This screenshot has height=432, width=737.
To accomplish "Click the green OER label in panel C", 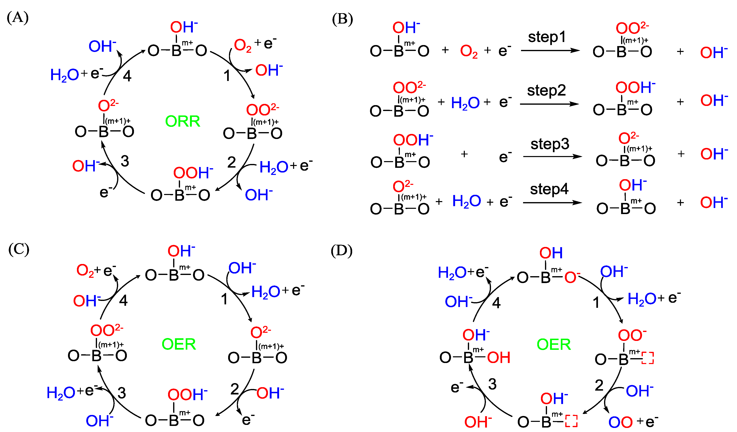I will tap(179, 344).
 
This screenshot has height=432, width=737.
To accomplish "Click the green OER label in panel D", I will tap(554, 345).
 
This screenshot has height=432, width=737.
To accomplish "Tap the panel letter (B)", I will tap(342, 19).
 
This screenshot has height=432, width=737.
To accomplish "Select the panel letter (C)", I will tap(19, 249).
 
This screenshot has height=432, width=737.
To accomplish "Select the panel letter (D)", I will tap(341, 250).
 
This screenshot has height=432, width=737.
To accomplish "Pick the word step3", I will tap(550, 144).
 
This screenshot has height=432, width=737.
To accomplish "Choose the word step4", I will tap(549, 189).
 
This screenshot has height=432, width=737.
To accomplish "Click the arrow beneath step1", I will tap(550, 51).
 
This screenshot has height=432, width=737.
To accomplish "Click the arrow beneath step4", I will tap(552, 203).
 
